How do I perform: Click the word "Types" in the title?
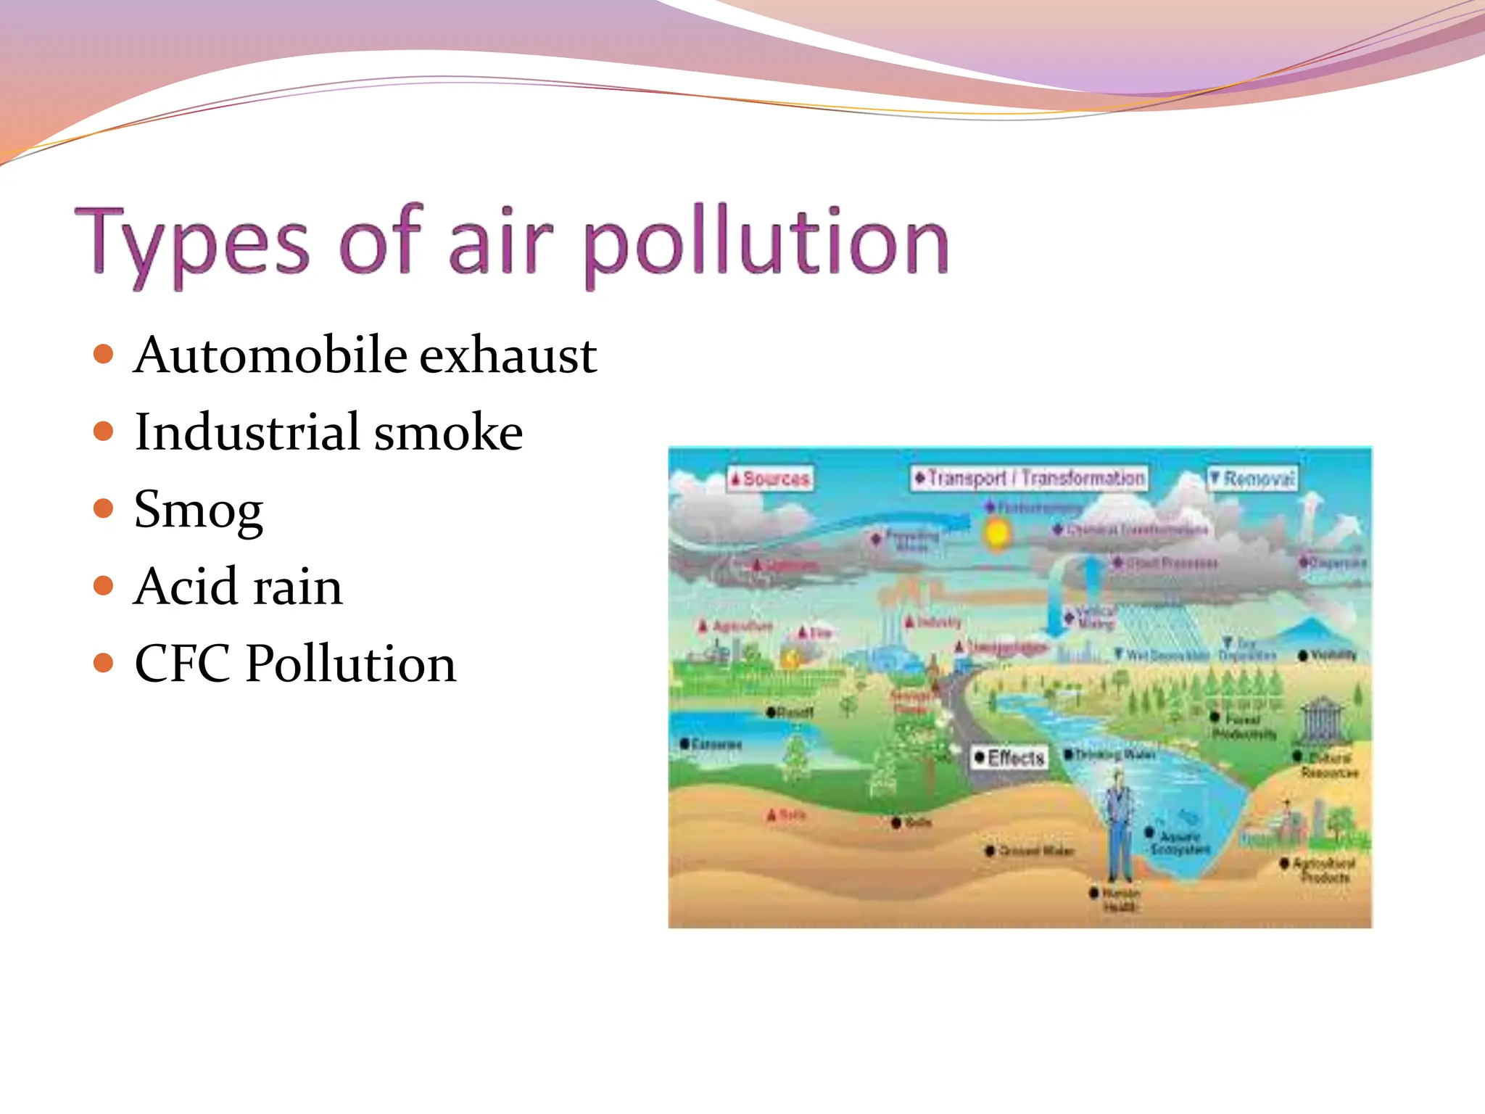(191, 243)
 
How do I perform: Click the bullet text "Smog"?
(199, 510)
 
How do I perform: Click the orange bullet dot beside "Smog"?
(104, 508)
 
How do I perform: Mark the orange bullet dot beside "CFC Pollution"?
(104, 662)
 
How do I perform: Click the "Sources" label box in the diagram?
(770, 479)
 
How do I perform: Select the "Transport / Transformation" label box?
(1030, 478)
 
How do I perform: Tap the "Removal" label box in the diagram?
(1252, 479)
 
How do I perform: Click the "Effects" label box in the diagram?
(1009, 758)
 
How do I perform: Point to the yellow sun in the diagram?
(998, 534)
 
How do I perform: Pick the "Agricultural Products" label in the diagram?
(1323, 870)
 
